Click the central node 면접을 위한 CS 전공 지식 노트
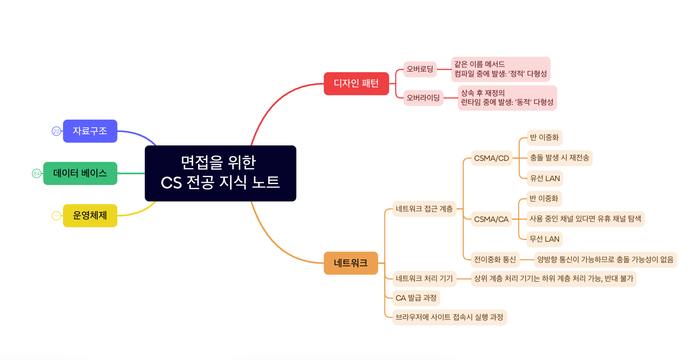click(220, 173)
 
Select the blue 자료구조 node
click(90, 131)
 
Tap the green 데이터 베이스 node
click(80, 173)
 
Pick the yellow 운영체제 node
click(90, 215)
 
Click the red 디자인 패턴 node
click(356, 83)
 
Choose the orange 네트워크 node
click(350, 263)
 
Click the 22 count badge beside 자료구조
click(56, 131)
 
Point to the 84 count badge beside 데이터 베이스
click(37, 173)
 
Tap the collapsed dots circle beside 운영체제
click(56, 215)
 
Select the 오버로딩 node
click(420, 69)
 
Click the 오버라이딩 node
click(423, 98)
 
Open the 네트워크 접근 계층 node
click(424, 209)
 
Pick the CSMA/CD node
click(491, 158)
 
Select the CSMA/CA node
click(491, 219)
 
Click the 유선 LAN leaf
click(545, 178)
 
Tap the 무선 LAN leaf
click(544, 239)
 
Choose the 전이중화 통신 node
click(495, 259)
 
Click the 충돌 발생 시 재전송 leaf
click(559, 158)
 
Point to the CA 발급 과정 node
click(416, 298)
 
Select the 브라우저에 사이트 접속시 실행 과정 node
click(449, 317)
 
